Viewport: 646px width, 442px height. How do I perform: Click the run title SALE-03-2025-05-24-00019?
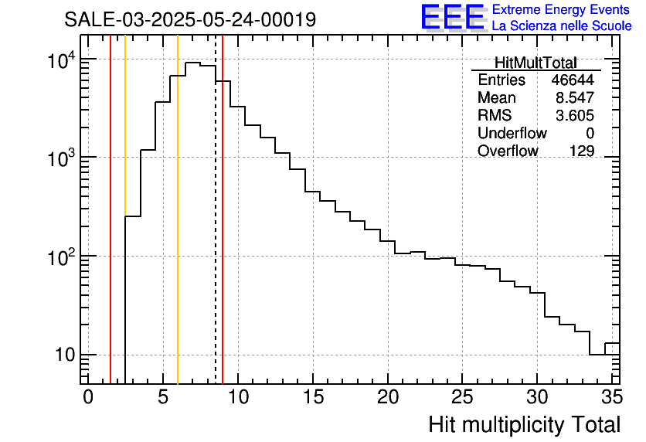pyautogui.click(x=190, y=19)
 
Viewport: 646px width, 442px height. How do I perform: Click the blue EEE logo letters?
pyautogui.click(x=452, y=17)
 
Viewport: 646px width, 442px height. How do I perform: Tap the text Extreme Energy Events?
pyautogui.click(x=562, y=10)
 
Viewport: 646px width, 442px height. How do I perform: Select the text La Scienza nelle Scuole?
pyautogui.click(x=562, y=26)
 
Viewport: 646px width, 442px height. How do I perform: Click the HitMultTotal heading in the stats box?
pyautogui.click(x=535, y=63)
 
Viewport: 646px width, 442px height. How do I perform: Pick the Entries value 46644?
pyautogui.click(x=573, y=80)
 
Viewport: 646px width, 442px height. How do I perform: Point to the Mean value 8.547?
pyautogui.click(x=575, y=98)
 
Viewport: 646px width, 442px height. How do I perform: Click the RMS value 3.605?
pyautogui.click(x=575, y=116)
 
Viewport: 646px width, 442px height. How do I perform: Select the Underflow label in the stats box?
pyautogui.click(x=508, y=134)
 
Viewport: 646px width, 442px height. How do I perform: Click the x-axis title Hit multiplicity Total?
pyautogui.click(x=524, y=424)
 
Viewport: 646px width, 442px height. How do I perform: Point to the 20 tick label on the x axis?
pyautogui.click(x=388, y=397)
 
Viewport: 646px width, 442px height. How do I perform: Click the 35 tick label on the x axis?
pyautogui.click(x=612, y=397)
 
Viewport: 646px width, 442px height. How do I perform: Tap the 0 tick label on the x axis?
pyautogui.click(x=88, y=397)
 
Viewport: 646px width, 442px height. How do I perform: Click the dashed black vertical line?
pyautogui.click(x=216, y=232)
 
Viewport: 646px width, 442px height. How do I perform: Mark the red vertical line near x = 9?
pyautogui.click(x=223, y=232)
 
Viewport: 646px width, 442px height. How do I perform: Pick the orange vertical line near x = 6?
pyautogui.click(x=178, y=232)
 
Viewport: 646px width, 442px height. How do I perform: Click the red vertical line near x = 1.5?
pyautogui.click(x=110, y=232)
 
